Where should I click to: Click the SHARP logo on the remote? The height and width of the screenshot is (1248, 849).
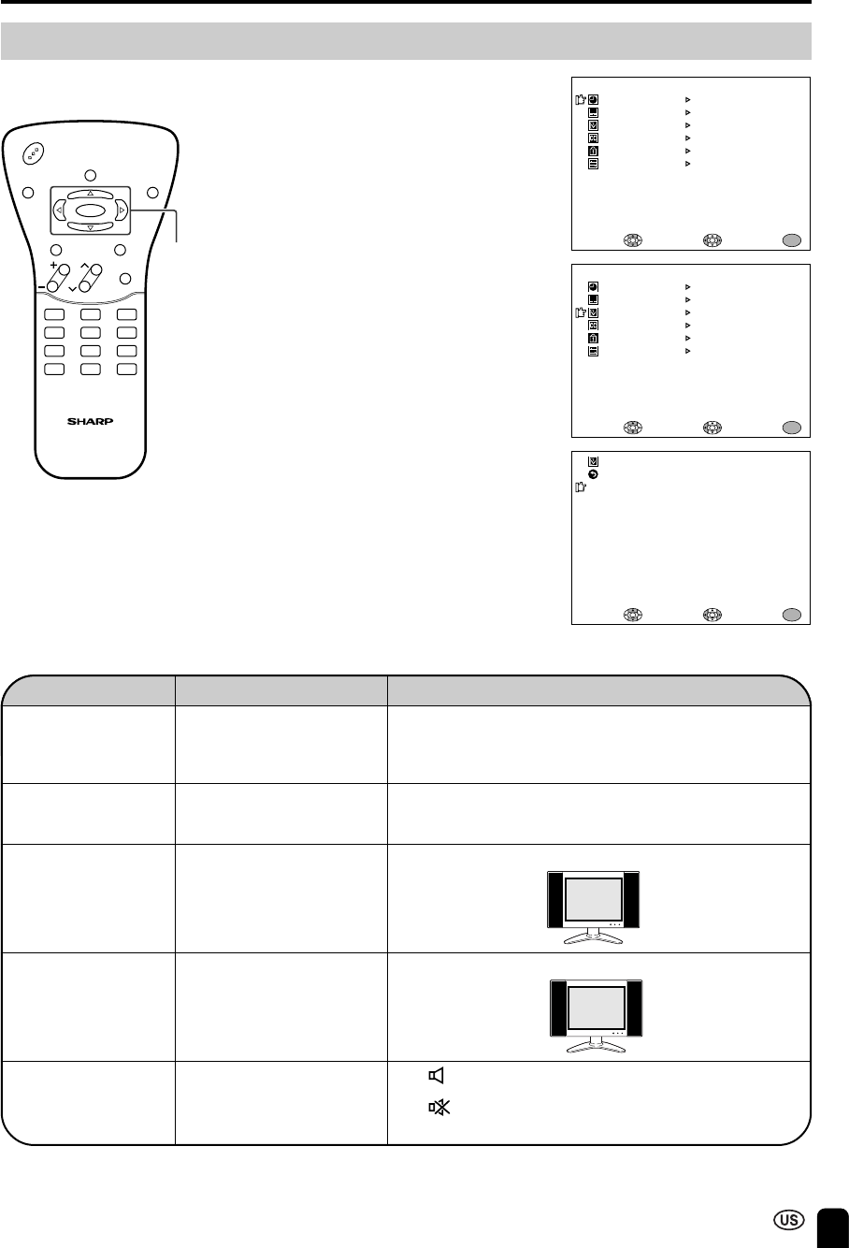[x=90, y=421]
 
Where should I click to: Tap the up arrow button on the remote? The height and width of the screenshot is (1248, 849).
[x=90, y=194]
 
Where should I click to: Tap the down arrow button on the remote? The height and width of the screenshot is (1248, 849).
[x=90, y=227]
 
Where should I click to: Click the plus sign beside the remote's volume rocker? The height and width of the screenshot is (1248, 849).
[x=53, y=265]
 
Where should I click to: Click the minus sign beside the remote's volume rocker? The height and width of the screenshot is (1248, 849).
[x=42, y=287]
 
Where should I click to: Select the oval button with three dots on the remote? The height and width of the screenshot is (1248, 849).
[x=34, y=153]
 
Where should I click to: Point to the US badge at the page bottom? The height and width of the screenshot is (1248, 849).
[x=789, y=1220]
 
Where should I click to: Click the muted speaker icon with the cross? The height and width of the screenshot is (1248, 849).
[x=439, y=1108]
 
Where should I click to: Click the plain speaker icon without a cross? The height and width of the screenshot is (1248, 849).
[x=437, y=1075]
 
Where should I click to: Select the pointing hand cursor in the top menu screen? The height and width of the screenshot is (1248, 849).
[x=580, y=100]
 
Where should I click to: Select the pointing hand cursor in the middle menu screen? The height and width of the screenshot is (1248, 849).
[x=580, y=312]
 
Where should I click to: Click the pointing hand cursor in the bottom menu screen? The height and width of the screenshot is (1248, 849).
[x=580, y=486]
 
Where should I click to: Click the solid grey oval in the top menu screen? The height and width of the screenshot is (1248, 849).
[x=792, y=240]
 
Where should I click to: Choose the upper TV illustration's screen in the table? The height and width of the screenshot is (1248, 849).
[x=594, y=900]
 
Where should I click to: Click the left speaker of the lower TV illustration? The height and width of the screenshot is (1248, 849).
[x=558, y=1009]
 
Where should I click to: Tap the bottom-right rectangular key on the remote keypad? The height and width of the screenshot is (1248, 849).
[x=127, y=369]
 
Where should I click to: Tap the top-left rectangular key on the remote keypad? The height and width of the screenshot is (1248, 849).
[x=54, y=314]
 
